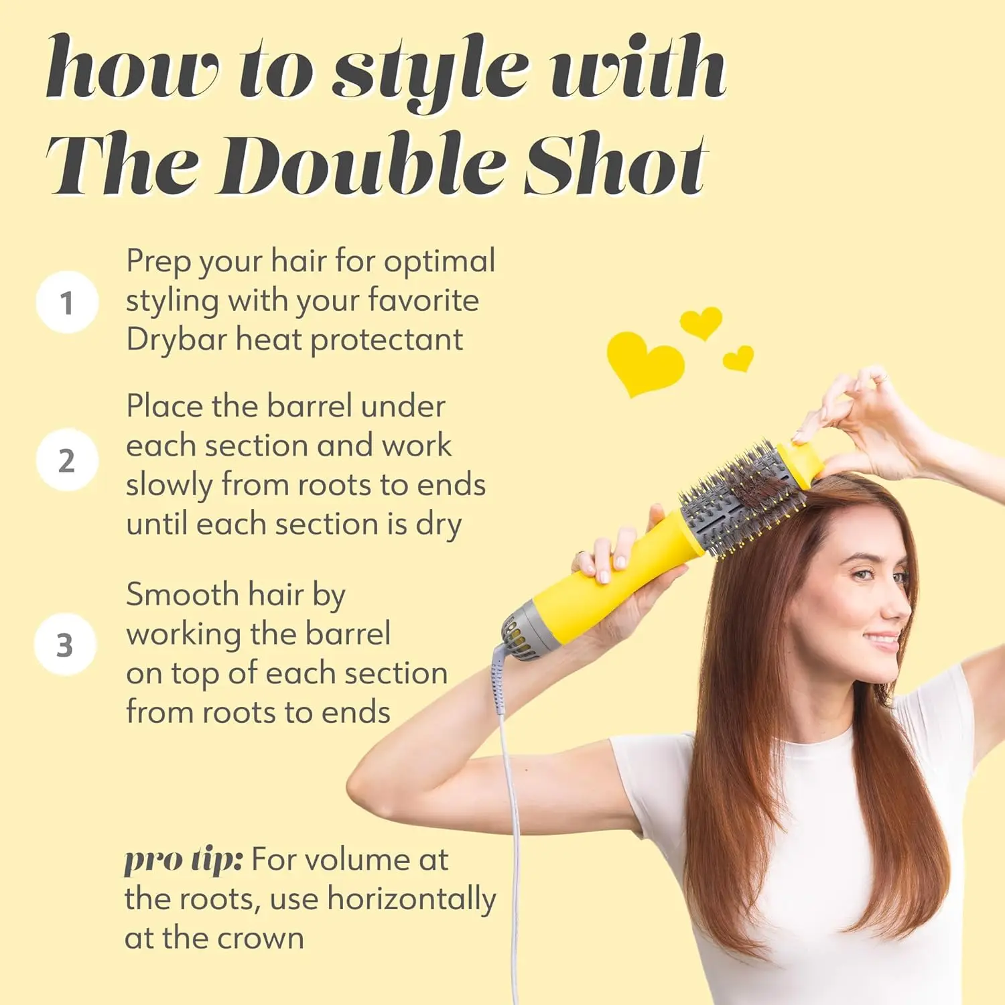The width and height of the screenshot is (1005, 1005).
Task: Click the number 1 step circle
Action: click(67, 302)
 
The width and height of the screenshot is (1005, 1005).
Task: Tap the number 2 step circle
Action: click(67, 460)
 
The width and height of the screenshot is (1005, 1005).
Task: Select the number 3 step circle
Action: click(65, 645)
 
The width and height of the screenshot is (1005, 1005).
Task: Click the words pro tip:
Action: click(183, 860)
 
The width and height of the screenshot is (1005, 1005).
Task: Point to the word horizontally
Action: click(411, 899)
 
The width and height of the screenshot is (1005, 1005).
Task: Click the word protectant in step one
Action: click(387, 340)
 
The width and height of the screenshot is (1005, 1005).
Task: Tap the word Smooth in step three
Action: click(182, 594)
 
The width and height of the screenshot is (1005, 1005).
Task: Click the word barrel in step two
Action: click(309, 406)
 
